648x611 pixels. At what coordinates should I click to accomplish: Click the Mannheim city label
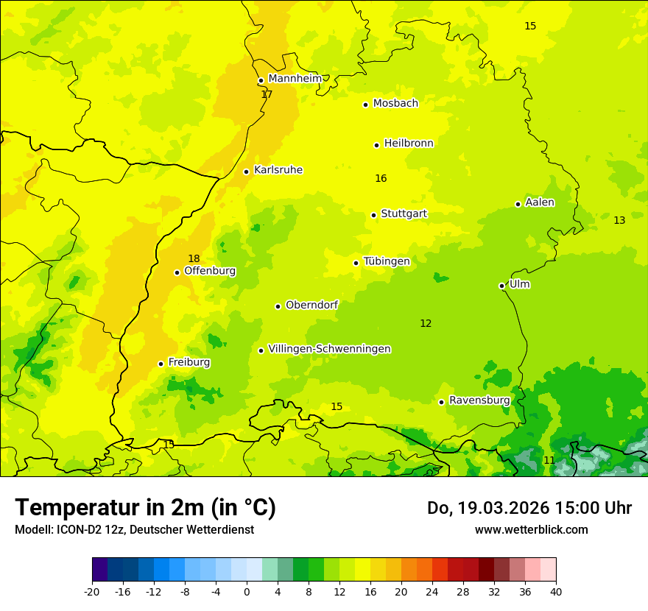(x=295, y=79)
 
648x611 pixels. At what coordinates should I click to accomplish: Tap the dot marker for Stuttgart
(x=374, y=215)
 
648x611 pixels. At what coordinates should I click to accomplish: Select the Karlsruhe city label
(x=278, y=170)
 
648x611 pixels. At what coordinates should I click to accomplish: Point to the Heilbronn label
(x=409, y=144)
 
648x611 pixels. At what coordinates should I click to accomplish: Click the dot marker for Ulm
(x=502, y=286)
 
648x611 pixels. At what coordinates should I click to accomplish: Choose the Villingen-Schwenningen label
(x=329, y=349)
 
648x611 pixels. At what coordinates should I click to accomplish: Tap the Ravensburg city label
(x=479, y=400)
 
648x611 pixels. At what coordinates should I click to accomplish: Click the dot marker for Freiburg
(x=161, y=364)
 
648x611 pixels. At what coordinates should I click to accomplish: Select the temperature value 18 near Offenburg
(x=194, y=258)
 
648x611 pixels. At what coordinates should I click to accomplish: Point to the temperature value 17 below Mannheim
(x=267, y=94)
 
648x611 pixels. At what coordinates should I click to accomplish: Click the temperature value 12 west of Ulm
(x=426, y=323)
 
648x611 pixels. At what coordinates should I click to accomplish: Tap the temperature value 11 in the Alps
(x=549, y=460)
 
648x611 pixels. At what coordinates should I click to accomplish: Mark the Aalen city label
(x=540, y=202)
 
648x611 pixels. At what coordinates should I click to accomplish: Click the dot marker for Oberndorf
(x=278, y=306)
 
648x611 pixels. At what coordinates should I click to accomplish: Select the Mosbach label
(x=395, y=104)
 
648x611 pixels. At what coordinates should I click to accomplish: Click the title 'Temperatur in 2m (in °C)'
(x=145, y=507)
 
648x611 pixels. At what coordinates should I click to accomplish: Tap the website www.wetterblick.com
(x=531, y=529)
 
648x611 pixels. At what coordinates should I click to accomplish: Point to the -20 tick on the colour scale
(x=92, y=591)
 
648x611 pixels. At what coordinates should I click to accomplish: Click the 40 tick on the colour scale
(x=556, y=591)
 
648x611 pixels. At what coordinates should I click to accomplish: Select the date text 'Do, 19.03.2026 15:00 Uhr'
(x=529, y=508)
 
